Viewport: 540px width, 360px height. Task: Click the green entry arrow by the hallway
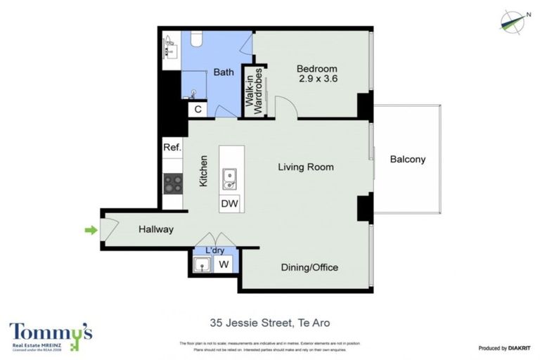90,229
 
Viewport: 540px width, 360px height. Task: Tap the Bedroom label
316,69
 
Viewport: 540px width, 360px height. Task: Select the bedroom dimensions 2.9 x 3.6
317,79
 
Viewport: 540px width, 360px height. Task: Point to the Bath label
224,72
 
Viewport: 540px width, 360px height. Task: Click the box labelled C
198,109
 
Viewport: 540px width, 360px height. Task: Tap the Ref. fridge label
172,148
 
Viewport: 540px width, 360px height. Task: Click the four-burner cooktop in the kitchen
173,184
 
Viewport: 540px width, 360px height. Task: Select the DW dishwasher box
229,203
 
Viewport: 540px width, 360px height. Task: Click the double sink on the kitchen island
230,179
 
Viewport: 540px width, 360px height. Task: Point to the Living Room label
305,167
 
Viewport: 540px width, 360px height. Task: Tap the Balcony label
408,160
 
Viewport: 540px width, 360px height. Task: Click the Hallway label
156,229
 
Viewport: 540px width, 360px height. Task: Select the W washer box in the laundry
224,264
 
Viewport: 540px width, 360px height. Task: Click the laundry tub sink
202,264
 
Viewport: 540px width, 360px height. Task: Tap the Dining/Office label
309,267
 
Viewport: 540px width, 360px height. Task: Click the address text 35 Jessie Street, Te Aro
270,323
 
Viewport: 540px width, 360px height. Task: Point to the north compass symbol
513,22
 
